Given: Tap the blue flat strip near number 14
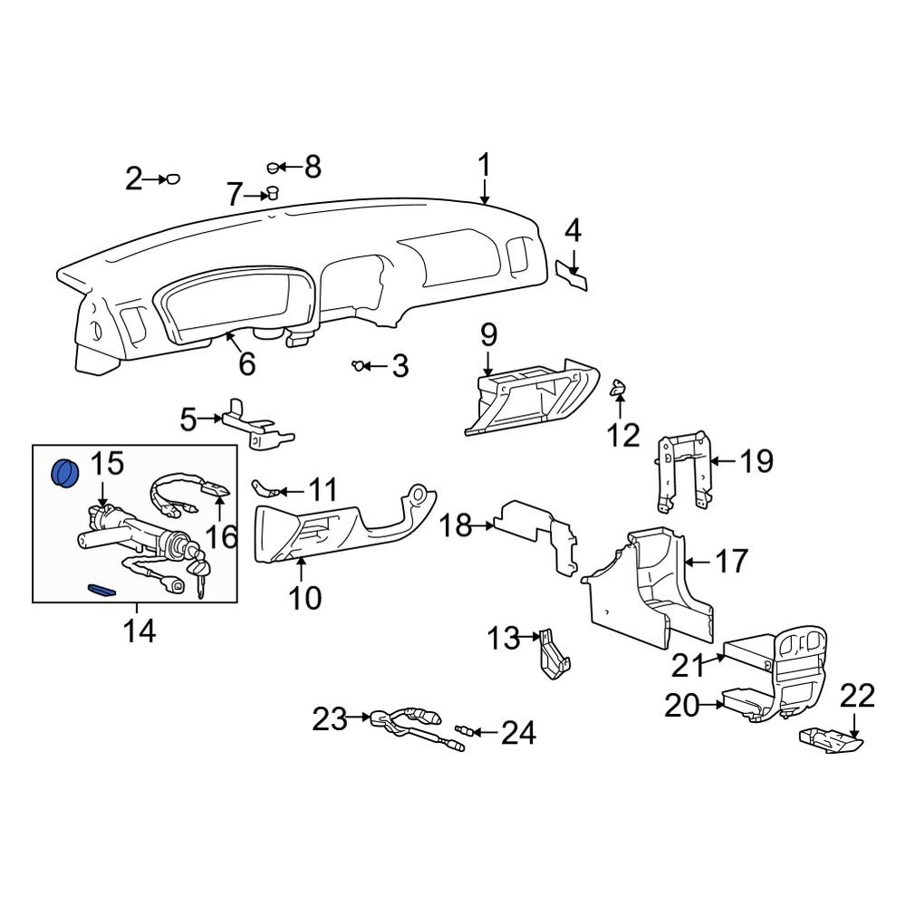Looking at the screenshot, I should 101,591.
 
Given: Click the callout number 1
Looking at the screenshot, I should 484,167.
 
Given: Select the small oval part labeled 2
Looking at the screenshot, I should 172,179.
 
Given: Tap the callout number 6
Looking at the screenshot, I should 246,364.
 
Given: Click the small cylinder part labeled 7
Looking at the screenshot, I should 270,193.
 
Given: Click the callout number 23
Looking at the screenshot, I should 330,720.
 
